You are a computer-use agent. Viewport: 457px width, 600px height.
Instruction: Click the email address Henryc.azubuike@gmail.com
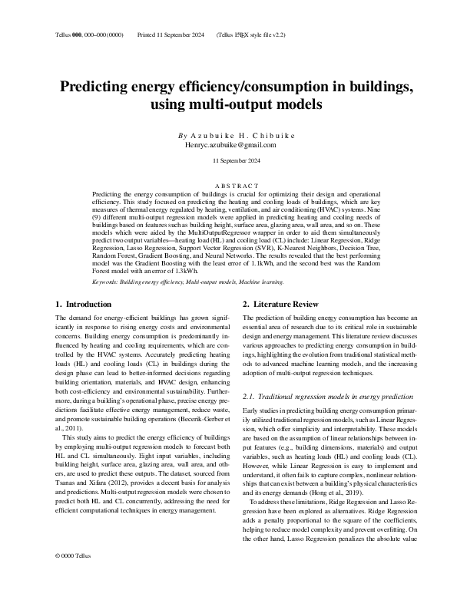(x=230, y=144)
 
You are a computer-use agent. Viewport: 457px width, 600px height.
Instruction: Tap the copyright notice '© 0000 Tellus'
(x=74, y=575)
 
